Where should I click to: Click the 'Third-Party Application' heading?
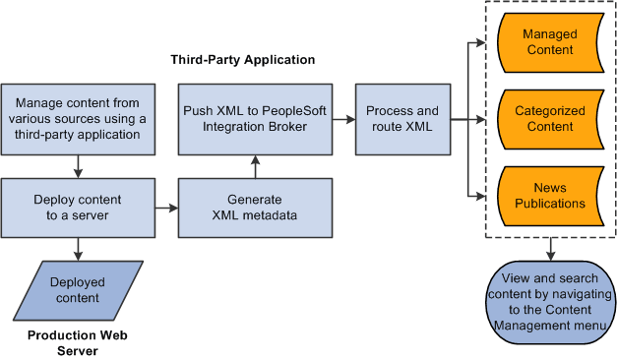(x=243, y=60)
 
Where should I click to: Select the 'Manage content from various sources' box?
(x=77, y=119)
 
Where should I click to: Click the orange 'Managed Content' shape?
(x=549, y=42)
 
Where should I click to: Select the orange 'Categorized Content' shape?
(x=549, y=119)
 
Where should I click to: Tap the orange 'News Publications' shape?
(x=549, y=196)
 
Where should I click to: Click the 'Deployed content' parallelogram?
(x=77, y=290)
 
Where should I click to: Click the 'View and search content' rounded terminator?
(x=550, y=303)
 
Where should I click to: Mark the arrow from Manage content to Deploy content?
(x=77, y=165)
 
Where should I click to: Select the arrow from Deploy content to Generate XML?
(x=165, y=209)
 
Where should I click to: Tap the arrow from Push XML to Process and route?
(x=341, y=119)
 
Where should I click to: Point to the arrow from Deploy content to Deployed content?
(x=77, y=249)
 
